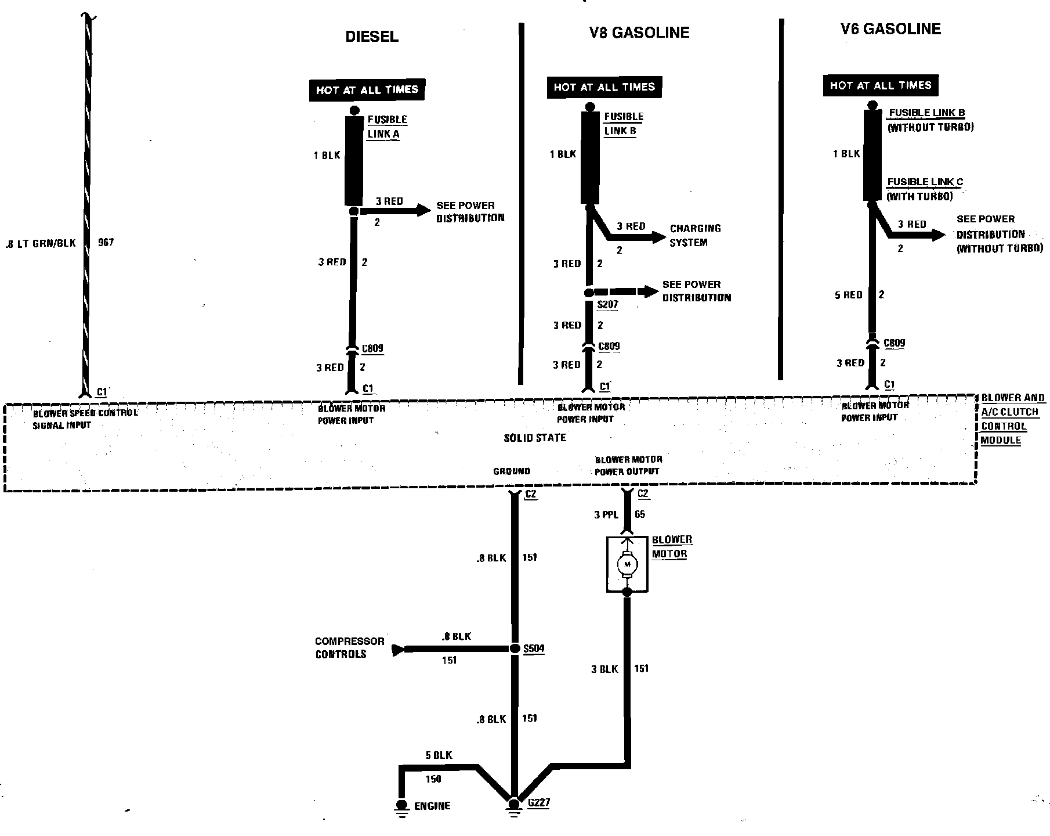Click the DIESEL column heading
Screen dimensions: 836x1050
(372, 37)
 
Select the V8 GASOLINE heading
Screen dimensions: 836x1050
(639, 33)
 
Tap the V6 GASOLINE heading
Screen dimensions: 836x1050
(890, 29)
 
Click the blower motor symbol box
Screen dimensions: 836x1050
(627, 564)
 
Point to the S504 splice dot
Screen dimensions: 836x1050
(515, 648)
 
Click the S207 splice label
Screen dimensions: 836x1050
(607, 304)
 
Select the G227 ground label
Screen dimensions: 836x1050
(538, 803)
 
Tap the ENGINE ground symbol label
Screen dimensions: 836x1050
(432, 806)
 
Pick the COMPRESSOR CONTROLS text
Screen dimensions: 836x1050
(349, 647)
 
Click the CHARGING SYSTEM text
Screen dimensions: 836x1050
(695, 235)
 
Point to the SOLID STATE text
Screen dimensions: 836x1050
(534, 438)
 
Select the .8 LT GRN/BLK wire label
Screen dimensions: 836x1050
(40, 243)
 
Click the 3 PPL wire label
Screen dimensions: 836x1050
(606, 514)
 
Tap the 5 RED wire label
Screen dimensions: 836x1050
(848, 295)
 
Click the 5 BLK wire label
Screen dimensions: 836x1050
(439, 755)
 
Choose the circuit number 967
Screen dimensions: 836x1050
(106, 242)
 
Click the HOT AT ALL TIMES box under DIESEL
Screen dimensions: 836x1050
(367, 90)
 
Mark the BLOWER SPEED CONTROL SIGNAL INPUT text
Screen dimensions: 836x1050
(85, 419)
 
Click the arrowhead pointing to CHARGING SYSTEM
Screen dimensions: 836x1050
(658, 237)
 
